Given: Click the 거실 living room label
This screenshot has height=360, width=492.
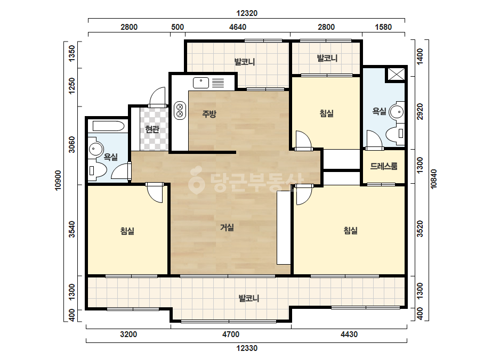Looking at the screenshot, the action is pos(227,227).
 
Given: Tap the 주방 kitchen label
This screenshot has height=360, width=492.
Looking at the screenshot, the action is pos(209,113).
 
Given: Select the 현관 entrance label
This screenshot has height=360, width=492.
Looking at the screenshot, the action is pos(152,129).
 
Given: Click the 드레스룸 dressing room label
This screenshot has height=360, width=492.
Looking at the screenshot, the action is pos(384,166).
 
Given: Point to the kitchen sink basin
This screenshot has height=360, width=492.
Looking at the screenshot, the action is pos(201,83).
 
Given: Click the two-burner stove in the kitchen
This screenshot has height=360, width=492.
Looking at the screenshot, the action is pos(180,110).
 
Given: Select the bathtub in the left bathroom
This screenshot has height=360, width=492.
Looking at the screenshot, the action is pos(109,126).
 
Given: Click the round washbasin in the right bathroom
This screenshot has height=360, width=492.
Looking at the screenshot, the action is pos(397,111).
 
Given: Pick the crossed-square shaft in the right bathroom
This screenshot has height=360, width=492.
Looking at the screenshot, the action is pos(397,75).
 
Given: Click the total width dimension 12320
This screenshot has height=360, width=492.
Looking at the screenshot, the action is pos(247,13).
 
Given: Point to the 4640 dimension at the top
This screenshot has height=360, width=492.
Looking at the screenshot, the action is pos(238,27).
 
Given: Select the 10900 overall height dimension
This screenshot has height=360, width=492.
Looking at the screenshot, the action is pos(58,181).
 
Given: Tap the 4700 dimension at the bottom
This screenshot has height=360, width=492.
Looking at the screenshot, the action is pos(231,334).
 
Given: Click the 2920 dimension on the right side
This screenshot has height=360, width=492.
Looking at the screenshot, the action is pos(420,111).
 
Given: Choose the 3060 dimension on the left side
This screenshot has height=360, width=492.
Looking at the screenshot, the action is pos(72,144).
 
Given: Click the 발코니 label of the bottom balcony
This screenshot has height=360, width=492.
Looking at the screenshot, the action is pos(249,298).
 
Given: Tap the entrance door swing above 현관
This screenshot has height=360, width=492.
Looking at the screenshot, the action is pos(157,97).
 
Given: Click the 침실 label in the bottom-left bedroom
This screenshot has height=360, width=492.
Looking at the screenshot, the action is pos(127,231).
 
